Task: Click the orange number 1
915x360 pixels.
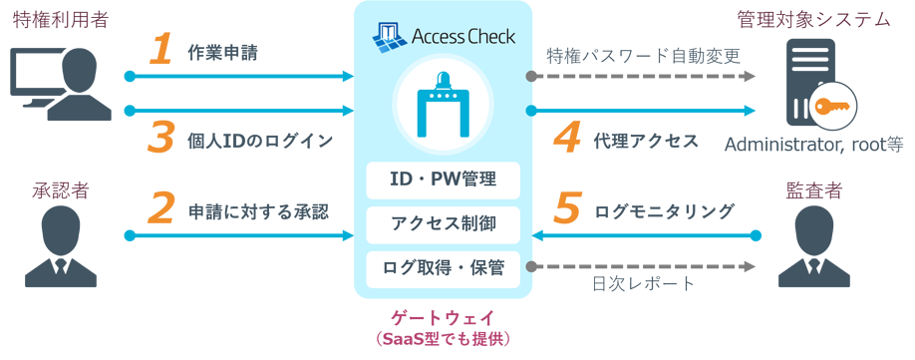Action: click(x=160, y=51)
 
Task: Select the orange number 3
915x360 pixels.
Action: click(x=160, y=139)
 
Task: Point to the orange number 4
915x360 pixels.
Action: click(x=567, y=139)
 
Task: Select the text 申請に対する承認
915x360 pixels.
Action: click(x=258, y=212)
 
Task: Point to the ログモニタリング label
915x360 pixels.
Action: click(x=665, y=211)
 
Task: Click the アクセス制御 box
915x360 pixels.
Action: click(x=443, y=223)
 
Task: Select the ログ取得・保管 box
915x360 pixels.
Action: click(x=443, y=267)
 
